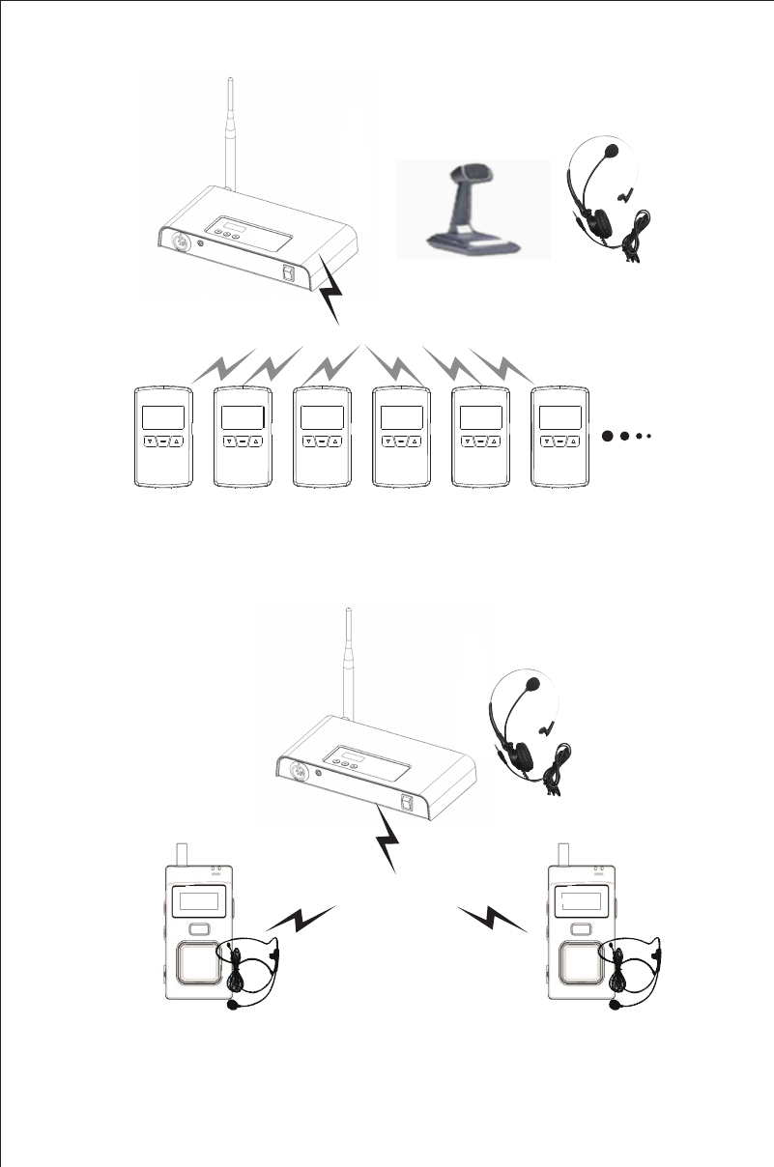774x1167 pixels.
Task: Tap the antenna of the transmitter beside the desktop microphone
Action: [x=232, y=135]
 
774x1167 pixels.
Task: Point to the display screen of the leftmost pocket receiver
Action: [x=162, y=417]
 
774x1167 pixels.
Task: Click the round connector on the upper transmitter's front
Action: [x=180, y=240]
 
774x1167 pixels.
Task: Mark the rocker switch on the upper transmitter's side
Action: [x=289, y=274]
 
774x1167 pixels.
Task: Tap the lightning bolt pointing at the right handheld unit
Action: [x=494, y=918]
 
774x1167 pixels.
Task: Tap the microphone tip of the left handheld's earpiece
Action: [x=233, y=1004]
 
